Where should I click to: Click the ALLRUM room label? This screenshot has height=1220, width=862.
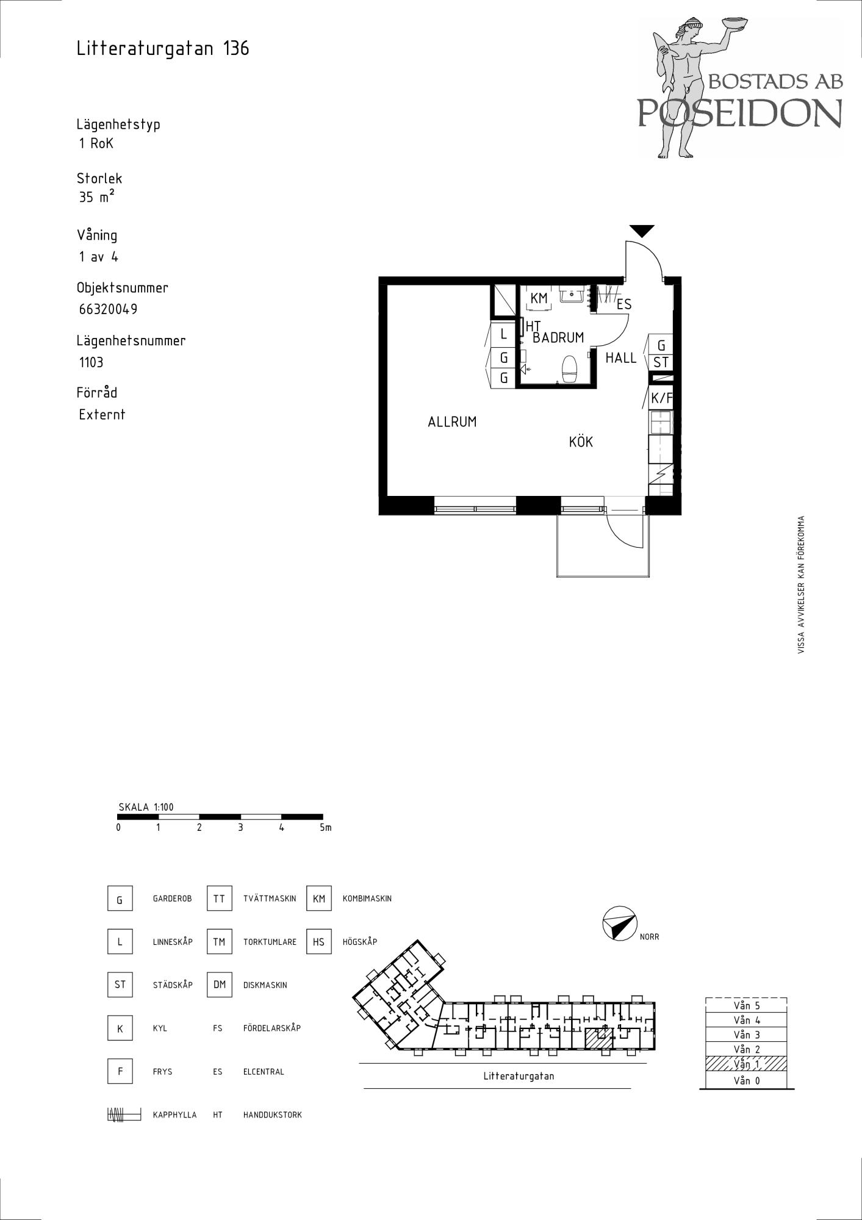(x=452, y=422)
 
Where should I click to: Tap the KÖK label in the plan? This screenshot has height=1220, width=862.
(x=581, y=442)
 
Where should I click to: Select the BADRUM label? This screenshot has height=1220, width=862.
(x=558, y=337)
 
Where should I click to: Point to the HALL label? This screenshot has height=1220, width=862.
(x=620, y=358)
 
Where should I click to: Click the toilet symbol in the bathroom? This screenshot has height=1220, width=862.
(x=569, y=368)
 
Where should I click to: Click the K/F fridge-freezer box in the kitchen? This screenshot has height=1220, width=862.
(x=661, y=398)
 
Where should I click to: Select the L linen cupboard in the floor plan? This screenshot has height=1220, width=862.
(x=503, y=334)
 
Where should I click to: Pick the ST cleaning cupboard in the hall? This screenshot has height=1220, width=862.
(x=661, y=362)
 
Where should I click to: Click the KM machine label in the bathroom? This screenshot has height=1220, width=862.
(x=539, y=298)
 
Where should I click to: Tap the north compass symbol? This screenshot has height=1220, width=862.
(x=619, y=923)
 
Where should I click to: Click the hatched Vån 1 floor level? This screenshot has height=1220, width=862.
(x=746, y=1064)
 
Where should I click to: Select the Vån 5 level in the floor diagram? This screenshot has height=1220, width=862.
(x=746, y=1005)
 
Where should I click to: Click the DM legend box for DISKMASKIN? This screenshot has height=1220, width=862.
(x=220, y=985)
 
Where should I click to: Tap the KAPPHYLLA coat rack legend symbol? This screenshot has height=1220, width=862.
(x=124, y=1114)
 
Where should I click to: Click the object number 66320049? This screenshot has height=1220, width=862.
(x=108, y=309)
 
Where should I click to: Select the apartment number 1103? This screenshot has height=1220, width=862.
(x=91, y=362)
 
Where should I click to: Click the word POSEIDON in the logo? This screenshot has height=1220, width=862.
(x=740, y=113)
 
